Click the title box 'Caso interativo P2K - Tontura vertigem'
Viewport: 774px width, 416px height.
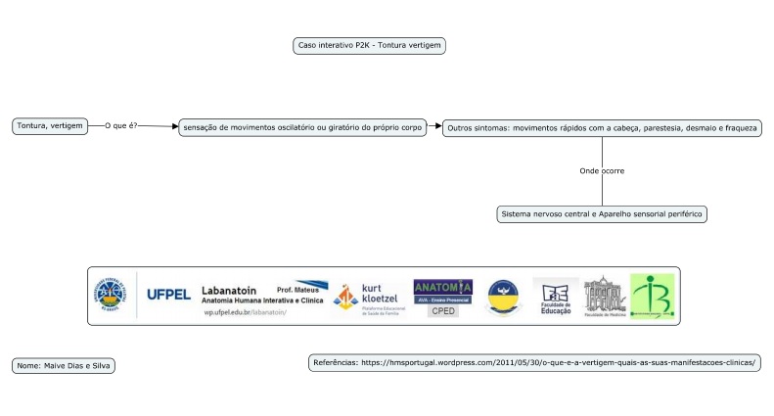pos(370,45)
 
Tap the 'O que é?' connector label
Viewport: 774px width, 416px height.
pos(121,126)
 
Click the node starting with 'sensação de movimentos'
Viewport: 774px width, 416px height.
pos(301,127)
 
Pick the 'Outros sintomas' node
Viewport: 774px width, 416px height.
pos(601,128)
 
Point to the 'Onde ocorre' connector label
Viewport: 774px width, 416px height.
pos(602,170)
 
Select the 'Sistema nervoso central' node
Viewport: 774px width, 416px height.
pos(602,213)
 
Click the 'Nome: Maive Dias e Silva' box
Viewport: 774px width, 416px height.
pos(64,365)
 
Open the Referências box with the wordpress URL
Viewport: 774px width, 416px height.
pos(534,362)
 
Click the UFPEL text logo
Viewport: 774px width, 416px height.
pos(168,294)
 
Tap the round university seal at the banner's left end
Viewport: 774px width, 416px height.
pos(109,296)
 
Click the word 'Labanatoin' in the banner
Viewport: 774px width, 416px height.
pos(229,290)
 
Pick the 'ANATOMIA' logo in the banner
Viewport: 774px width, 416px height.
pos(442,287)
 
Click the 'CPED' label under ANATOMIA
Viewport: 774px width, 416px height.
pos(443,310)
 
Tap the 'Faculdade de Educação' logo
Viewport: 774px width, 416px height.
pos(555,297)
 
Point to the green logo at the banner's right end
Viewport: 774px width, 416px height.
pos(652,296)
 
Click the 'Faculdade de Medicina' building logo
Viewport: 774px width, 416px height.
pos(603,297)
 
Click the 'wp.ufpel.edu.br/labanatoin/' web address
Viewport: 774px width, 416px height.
pos(245,312)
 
